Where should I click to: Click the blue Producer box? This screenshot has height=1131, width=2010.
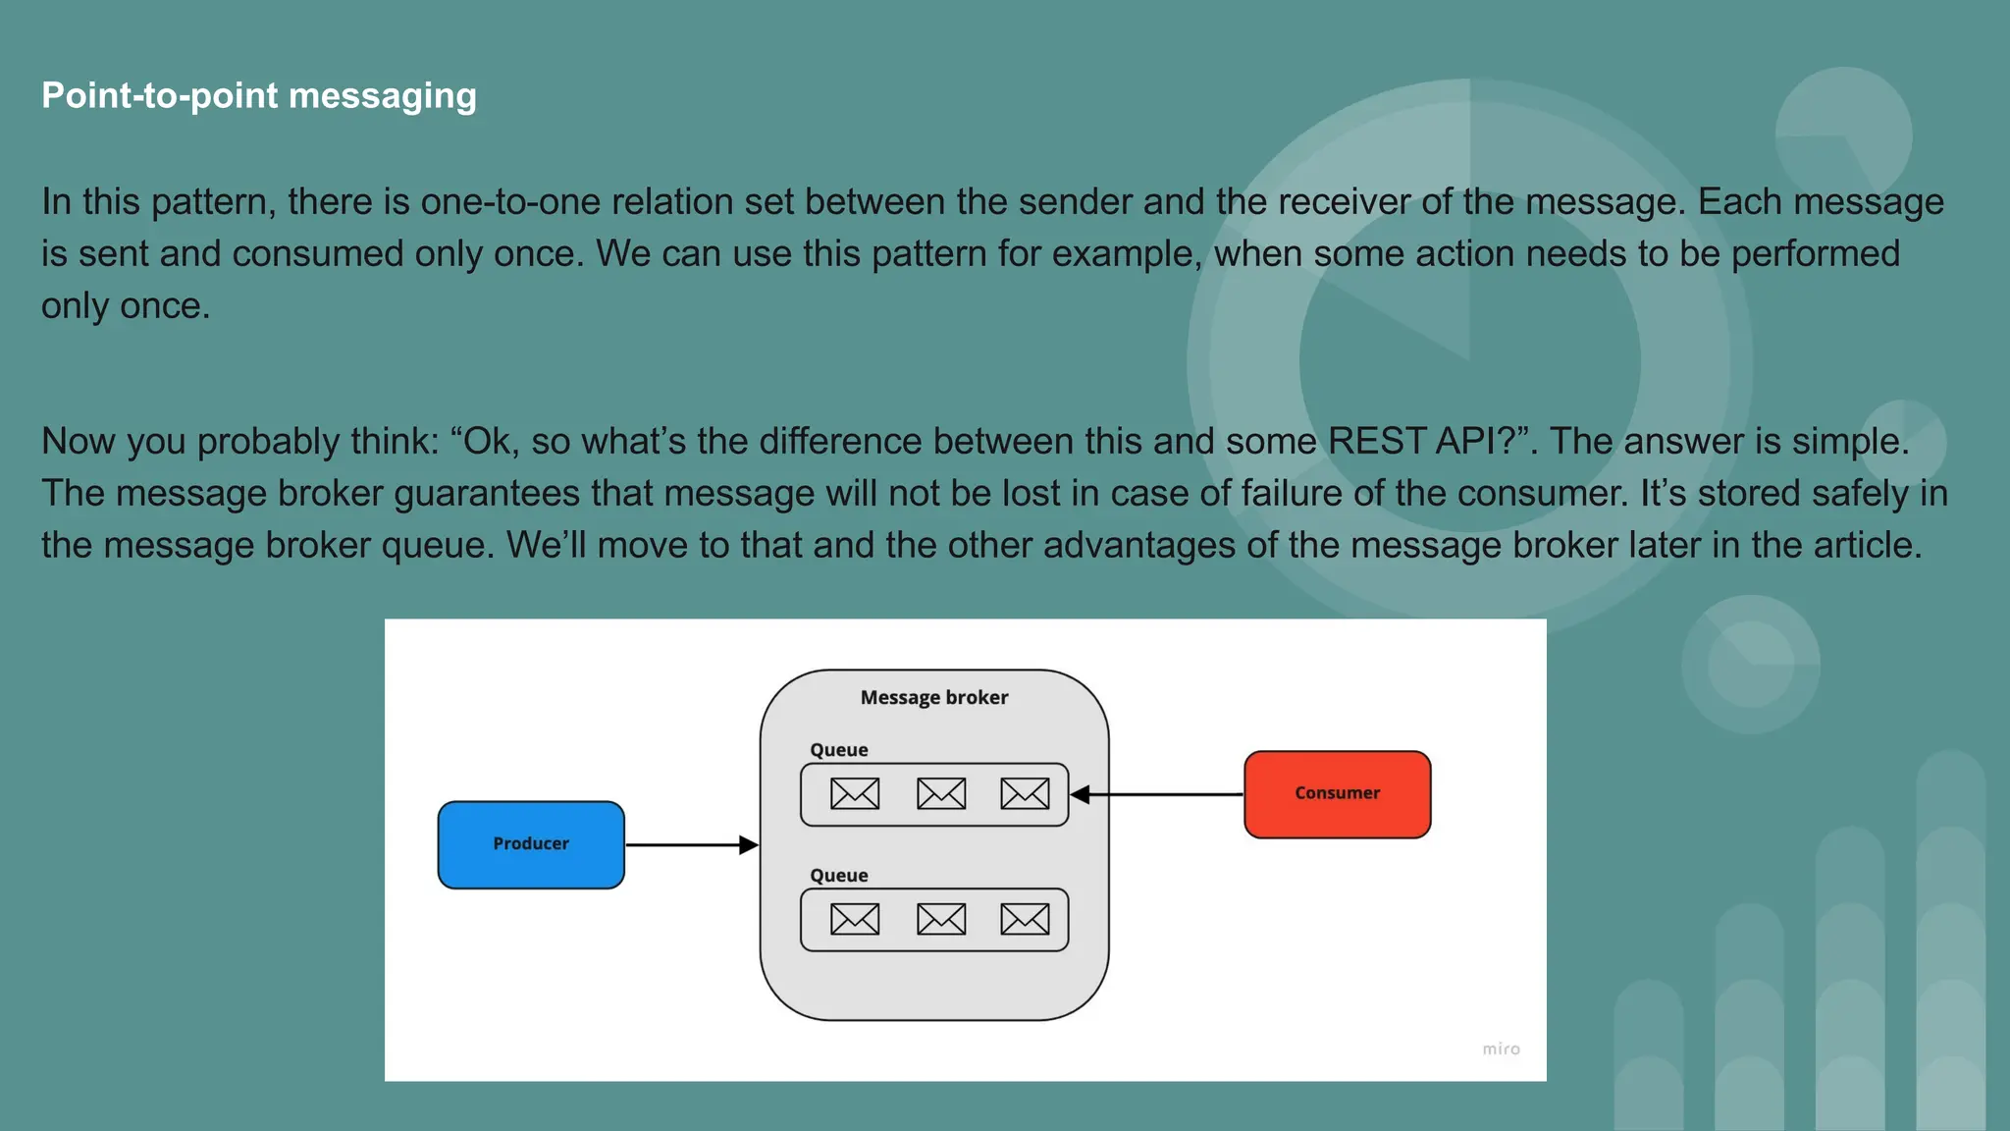[x=531, y=844]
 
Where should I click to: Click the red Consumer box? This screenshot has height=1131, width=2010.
[x=1337, y=793]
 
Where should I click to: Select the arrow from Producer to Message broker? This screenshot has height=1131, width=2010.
[x=691, y=844]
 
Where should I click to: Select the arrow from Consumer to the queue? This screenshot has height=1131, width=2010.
[x=1158, y=794]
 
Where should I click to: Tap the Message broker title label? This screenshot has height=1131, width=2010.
[x=933, y=697]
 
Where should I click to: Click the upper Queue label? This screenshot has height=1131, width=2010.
[x=838, y=750]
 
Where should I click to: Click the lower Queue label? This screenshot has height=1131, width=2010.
[x=838, y=876]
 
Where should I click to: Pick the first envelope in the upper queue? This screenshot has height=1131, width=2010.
[x=855, y=793]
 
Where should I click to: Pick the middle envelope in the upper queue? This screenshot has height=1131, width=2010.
[x=941, y=793]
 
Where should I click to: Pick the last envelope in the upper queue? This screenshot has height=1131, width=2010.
[x=1025, y=793]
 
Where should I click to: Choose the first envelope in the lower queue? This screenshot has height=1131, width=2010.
[x=855, y=919]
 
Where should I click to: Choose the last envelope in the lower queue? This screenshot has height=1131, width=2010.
[x=1025, y=919]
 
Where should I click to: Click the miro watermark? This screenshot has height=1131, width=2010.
[x=1501, y=1050]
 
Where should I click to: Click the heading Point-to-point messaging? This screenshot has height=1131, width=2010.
[x=259, y=96]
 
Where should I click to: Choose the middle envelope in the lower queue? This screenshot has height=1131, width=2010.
[x=941, y=919]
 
